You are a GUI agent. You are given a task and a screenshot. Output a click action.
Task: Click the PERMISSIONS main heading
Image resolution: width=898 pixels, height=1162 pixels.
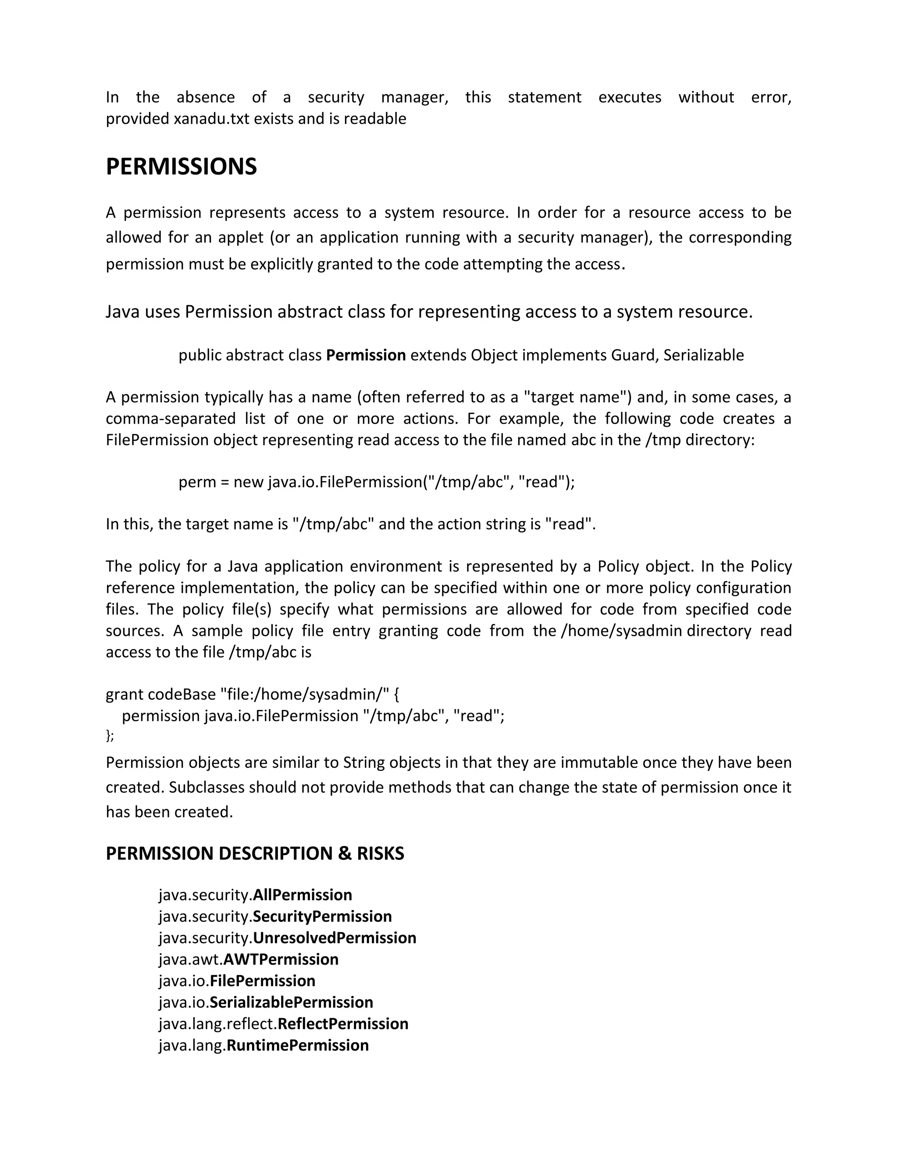pyautogui.click(x=181, y=167)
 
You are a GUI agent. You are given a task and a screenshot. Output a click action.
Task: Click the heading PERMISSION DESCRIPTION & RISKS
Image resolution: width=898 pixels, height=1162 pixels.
pyautogui.click(x=255, y=853)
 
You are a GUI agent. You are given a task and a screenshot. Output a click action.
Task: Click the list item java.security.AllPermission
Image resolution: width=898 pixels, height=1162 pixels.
pyautogui.click(x=255, y=895)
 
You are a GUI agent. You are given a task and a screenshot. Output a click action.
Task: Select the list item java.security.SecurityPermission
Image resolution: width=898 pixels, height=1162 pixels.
pyautogui.click(x=275, y=916)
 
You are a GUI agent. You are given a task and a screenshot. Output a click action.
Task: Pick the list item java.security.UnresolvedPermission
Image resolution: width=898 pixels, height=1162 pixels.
pyautogui.click(x=287, y=937)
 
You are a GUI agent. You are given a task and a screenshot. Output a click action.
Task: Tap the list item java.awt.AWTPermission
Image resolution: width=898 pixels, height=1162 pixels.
pyautogui.click(x=249, y=959)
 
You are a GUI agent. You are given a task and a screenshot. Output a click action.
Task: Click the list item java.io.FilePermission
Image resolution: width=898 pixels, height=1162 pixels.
pyautogui.click(x=237, y=980)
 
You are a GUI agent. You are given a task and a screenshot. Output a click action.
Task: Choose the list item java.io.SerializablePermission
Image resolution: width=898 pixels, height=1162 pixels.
pyautogui.click(x=265, y=1002)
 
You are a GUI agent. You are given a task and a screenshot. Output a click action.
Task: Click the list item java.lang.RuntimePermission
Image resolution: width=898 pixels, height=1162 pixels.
pyautogui.click(x=264, y=1045)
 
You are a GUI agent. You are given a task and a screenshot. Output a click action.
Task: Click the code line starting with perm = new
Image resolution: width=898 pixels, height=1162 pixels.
pyautogui.click(x=376, y=482)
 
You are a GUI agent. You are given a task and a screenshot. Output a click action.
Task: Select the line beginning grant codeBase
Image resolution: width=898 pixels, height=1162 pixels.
pyautogui.click(x=252, y=694)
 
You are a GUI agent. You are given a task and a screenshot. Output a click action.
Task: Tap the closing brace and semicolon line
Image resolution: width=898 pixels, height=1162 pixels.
pyautogui.click(x=110, y=735)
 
